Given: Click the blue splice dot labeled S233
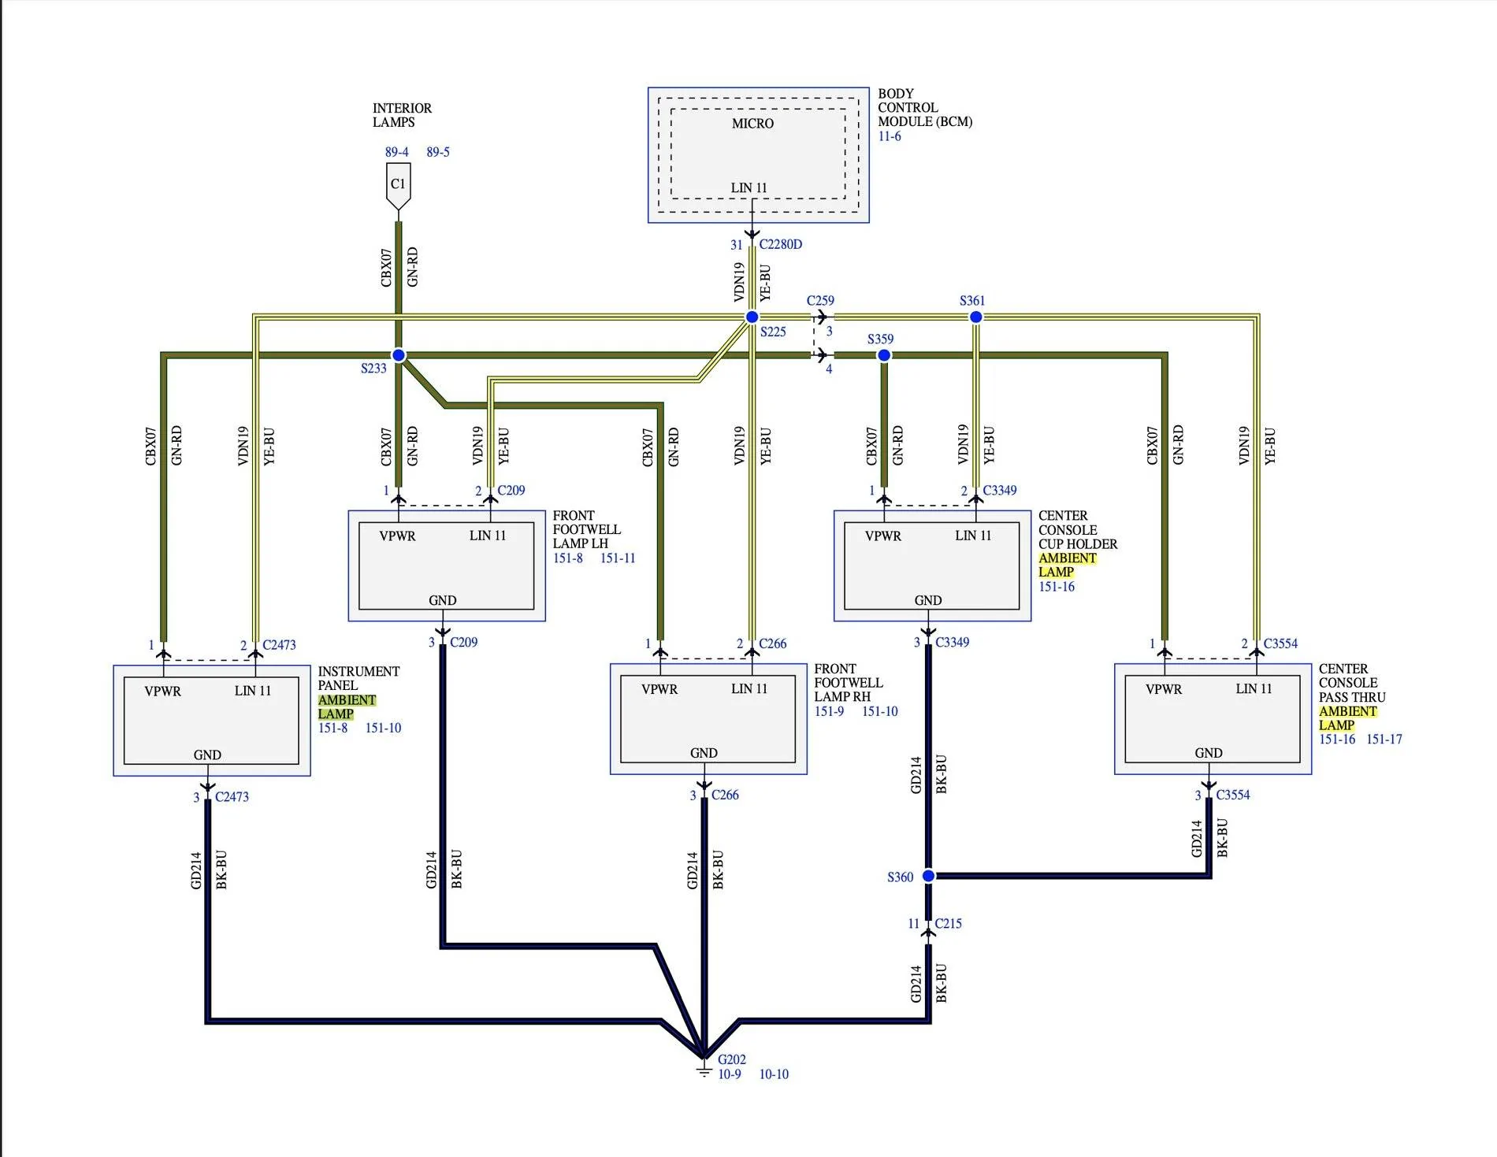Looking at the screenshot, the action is click(x=399, y=355).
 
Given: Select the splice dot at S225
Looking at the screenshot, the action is click(x=752, y=317).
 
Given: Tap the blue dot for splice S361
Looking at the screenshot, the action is click(x=975, y=317).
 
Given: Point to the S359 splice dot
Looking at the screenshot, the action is click(x=884, y=355).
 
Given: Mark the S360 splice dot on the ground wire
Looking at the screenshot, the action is click(x=928, y=876).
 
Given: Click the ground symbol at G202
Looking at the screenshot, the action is click(x=704, y=1070).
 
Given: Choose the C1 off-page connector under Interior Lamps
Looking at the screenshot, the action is click(x=398, y=187).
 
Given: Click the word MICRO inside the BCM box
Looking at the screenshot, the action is click(x=752, y=124).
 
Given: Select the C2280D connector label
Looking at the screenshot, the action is click(x=781, y=244).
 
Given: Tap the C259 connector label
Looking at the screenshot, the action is click(x=820, y=301).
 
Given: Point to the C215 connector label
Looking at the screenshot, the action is click(x=949, y=923).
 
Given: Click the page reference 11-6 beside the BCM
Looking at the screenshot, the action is click(x=890, y=136).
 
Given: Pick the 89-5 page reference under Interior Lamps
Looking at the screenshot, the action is click(x=438, y=152).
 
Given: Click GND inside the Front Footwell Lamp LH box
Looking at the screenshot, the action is click(x=443, y=600).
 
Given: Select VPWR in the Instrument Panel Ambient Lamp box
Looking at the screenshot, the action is click(x=162, y=692).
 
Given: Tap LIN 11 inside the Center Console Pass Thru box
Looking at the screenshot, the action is click(x=1254, y=688).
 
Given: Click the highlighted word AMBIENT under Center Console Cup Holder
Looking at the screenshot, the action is click(x=1068, y=558).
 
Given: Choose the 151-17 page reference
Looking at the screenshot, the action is click(x=1384, y=739).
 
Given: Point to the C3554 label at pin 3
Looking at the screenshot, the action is click(x=1233, y=795).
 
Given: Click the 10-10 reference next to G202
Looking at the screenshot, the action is click(x=774, y=1074).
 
